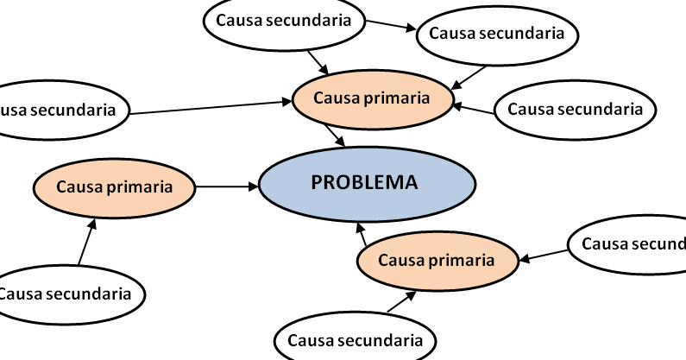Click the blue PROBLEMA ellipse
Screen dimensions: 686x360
(367, 185)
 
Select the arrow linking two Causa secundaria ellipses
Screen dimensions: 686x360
(391, 25)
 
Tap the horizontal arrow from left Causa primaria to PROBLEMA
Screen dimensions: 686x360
(227, 187)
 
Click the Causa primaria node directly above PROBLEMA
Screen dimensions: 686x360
(372, 99)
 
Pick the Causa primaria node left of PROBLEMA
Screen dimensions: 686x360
(115, 188)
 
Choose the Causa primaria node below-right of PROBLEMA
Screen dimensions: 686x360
(437, 261)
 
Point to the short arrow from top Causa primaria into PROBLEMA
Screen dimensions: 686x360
(335, 136)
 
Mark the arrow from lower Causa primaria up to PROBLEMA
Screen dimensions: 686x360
(362, 234)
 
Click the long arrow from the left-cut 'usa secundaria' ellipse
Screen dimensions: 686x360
(211, 108)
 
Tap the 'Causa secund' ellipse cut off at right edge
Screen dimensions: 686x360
(628, 245)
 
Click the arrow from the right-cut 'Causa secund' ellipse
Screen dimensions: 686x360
(544, 256)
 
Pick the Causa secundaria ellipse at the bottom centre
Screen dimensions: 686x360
(355, 338)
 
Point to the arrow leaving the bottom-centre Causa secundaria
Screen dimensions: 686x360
(401, 302)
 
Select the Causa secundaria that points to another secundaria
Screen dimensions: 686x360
(285, 22)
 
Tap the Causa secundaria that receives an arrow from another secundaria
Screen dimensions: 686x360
(497, 35)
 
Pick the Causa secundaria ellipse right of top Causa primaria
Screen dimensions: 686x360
(576, 110)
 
